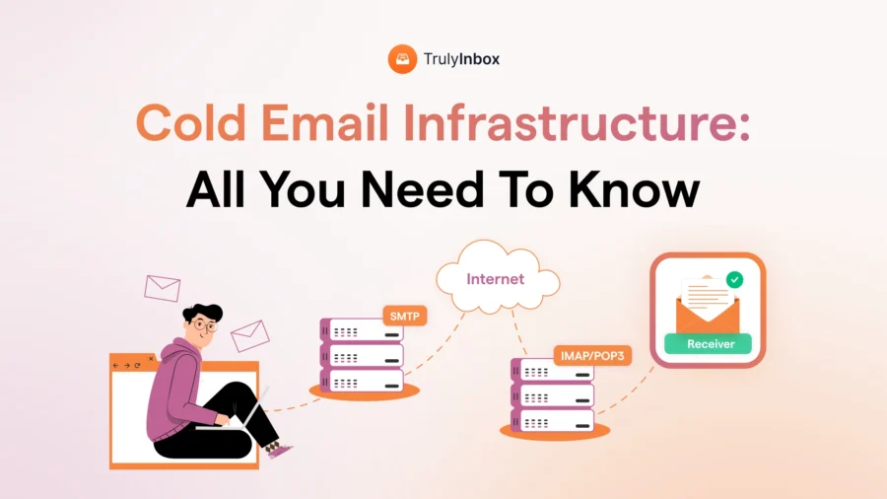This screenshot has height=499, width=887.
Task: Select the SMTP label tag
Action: [x=405, y=318]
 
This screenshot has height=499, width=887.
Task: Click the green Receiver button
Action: [x=707, y=344]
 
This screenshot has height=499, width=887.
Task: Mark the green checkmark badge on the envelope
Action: [x=734, y=281]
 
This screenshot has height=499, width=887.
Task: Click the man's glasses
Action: [x=204, y=323]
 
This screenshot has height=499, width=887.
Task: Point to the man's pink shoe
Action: [x=281, y=452]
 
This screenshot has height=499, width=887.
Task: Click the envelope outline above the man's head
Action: [x=162, y=287]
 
